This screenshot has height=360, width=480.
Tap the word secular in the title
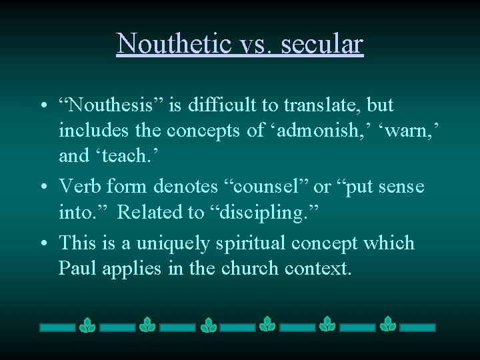[x=322, y=43]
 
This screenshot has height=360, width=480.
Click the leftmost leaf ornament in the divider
[x=87, y=325]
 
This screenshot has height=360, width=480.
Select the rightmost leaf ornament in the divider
[x=388, y=325]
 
